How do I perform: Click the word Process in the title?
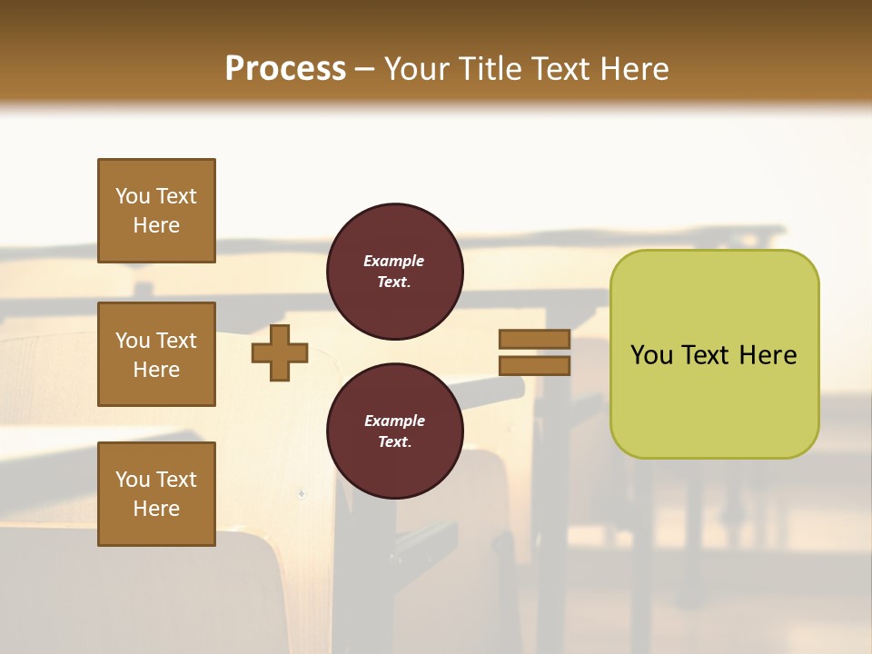pos(285,69)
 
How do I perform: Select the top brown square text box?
pos(156,211)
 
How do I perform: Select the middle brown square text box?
pos(156,354)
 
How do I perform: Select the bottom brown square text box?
pos(156,494)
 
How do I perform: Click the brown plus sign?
pos(280,352)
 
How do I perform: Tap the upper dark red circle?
pos(395,272)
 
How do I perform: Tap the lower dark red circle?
pos(395,431)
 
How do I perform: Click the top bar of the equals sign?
pos(534,340)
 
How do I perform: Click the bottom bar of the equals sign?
pos(534,366)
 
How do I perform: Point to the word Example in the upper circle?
pos(393,262)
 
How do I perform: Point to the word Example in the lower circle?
pos(393,421)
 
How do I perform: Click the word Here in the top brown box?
pos(156,226)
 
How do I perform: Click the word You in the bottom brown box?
pos(133,480)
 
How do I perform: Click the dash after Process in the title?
pos(365,70)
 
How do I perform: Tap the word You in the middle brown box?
pos(133,341)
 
